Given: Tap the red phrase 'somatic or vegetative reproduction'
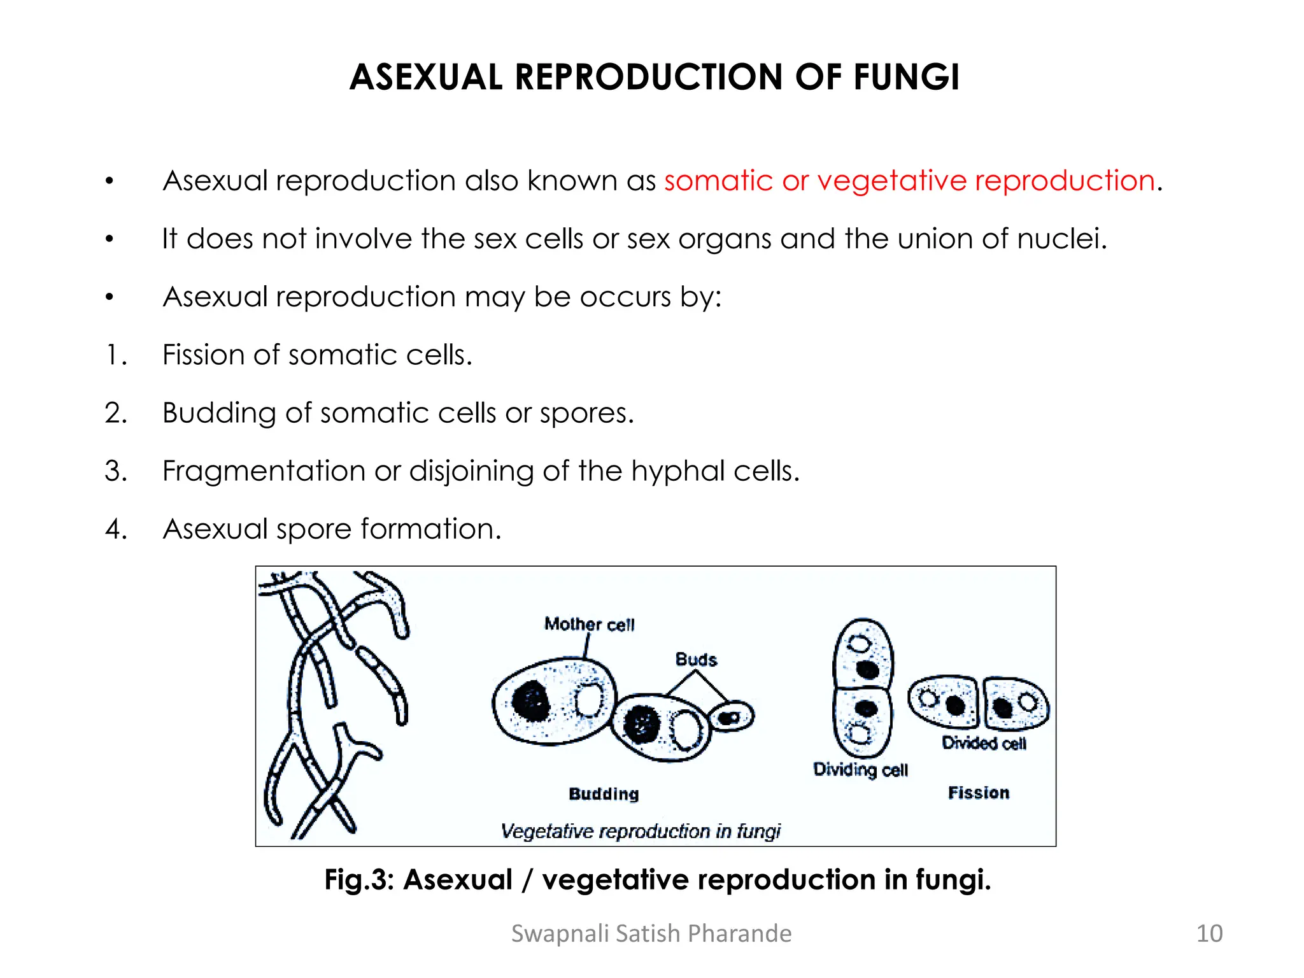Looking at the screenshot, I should coord(910,181).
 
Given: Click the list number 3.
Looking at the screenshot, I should coord(116,471).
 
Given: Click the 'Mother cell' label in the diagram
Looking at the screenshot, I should coord(590,624).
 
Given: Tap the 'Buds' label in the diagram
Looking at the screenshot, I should coord(696,660).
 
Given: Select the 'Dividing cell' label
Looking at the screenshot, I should coord(860,770).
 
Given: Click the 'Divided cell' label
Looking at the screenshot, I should coord(984,743).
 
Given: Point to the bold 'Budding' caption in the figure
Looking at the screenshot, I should coord(604,794).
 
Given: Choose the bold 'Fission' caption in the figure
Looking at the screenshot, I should coord(979,793).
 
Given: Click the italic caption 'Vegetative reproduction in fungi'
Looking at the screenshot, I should coord(641,831).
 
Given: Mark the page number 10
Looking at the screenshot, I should coord(1209,933).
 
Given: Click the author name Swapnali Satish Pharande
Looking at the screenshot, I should coord(651,933).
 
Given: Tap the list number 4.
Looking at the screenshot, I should coord(116,529).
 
